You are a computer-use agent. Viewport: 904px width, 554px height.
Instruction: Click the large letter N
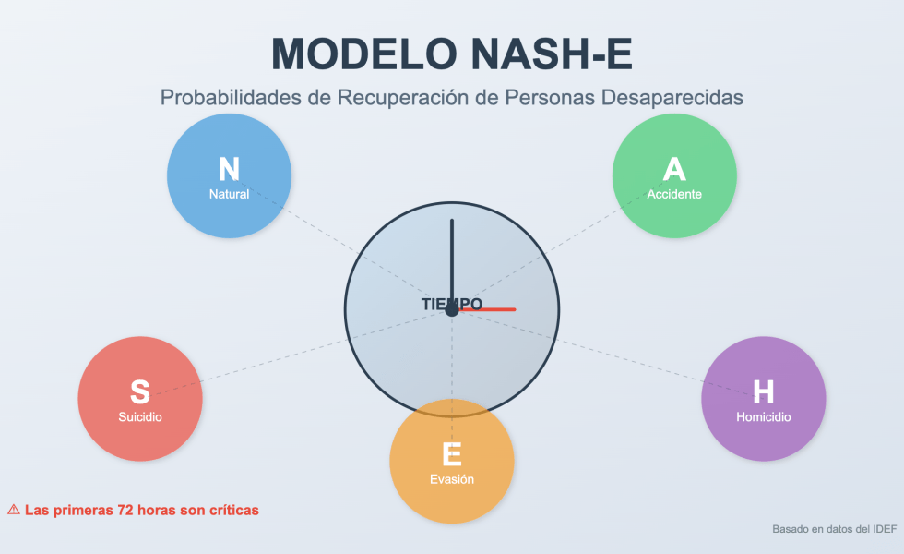[x=229, y=170]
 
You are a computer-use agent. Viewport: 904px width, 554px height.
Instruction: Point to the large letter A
[x=674, y=169]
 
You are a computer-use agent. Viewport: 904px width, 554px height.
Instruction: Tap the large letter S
[x=140, y=392]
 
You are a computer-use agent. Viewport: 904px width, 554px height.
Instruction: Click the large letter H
[x=763, y=392]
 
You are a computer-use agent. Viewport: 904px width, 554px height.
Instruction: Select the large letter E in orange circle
[x=451, y=454]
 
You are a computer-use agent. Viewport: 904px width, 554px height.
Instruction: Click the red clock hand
[x=494, y=309]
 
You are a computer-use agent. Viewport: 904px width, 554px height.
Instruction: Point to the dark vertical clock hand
[x=452, y=259]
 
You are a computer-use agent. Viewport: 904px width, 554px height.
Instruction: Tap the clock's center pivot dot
[x=452, y=310]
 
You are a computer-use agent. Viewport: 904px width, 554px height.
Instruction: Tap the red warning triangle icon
[x=14, y=509]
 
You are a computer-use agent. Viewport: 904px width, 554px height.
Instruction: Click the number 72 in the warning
[x=126, y=509]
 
